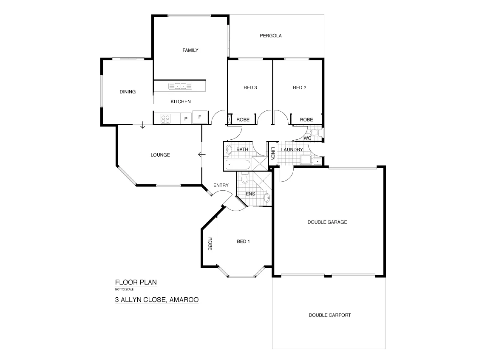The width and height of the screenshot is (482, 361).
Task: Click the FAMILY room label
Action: coord(190,50)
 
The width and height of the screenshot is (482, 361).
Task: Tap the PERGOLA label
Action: coord(270,36)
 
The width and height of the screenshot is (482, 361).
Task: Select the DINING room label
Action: coord(128,91)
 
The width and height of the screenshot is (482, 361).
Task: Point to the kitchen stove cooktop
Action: coord(165,118)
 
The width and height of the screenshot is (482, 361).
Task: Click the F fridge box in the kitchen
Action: coord(200,117)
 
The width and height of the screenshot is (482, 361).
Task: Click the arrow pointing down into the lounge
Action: coord(143,125)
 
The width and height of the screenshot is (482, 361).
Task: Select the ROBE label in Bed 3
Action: coord(243,120)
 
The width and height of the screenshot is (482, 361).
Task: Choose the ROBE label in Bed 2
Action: coord(306,120)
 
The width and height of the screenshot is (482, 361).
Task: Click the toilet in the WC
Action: coord(314,135)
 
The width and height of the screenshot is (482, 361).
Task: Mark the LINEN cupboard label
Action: coord(273,154)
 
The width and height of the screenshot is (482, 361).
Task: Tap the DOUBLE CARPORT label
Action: coord(329,315)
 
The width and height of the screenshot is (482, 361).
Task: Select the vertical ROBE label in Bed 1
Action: coord(210,244)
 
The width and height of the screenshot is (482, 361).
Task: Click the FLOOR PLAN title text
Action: coord(133,282)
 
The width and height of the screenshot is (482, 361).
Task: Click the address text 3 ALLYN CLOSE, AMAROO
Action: coord(157,299)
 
